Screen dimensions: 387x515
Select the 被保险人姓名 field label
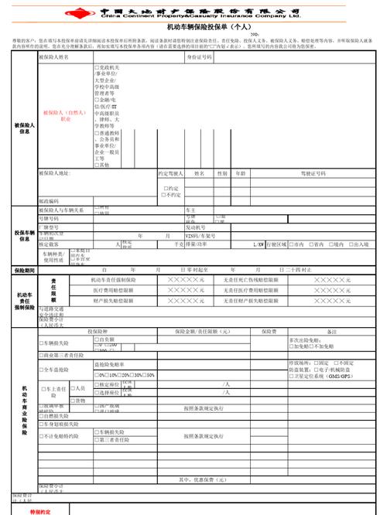[x=54, y=57]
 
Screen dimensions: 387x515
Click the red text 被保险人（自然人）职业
[x=63, y=116]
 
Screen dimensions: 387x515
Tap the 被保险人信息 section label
[x=23, y=128]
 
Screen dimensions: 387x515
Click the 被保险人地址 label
[x=54, y=173]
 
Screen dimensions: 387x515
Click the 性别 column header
[x=222, y=173]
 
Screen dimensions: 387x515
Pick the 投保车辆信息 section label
[x=23, y=235]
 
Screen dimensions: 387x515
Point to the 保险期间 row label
[x=23, y=271]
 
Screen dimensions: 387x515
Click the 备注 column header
[x=332, y=331]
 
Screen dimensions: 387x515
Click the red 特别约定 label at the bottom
[x=40, y=510]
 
